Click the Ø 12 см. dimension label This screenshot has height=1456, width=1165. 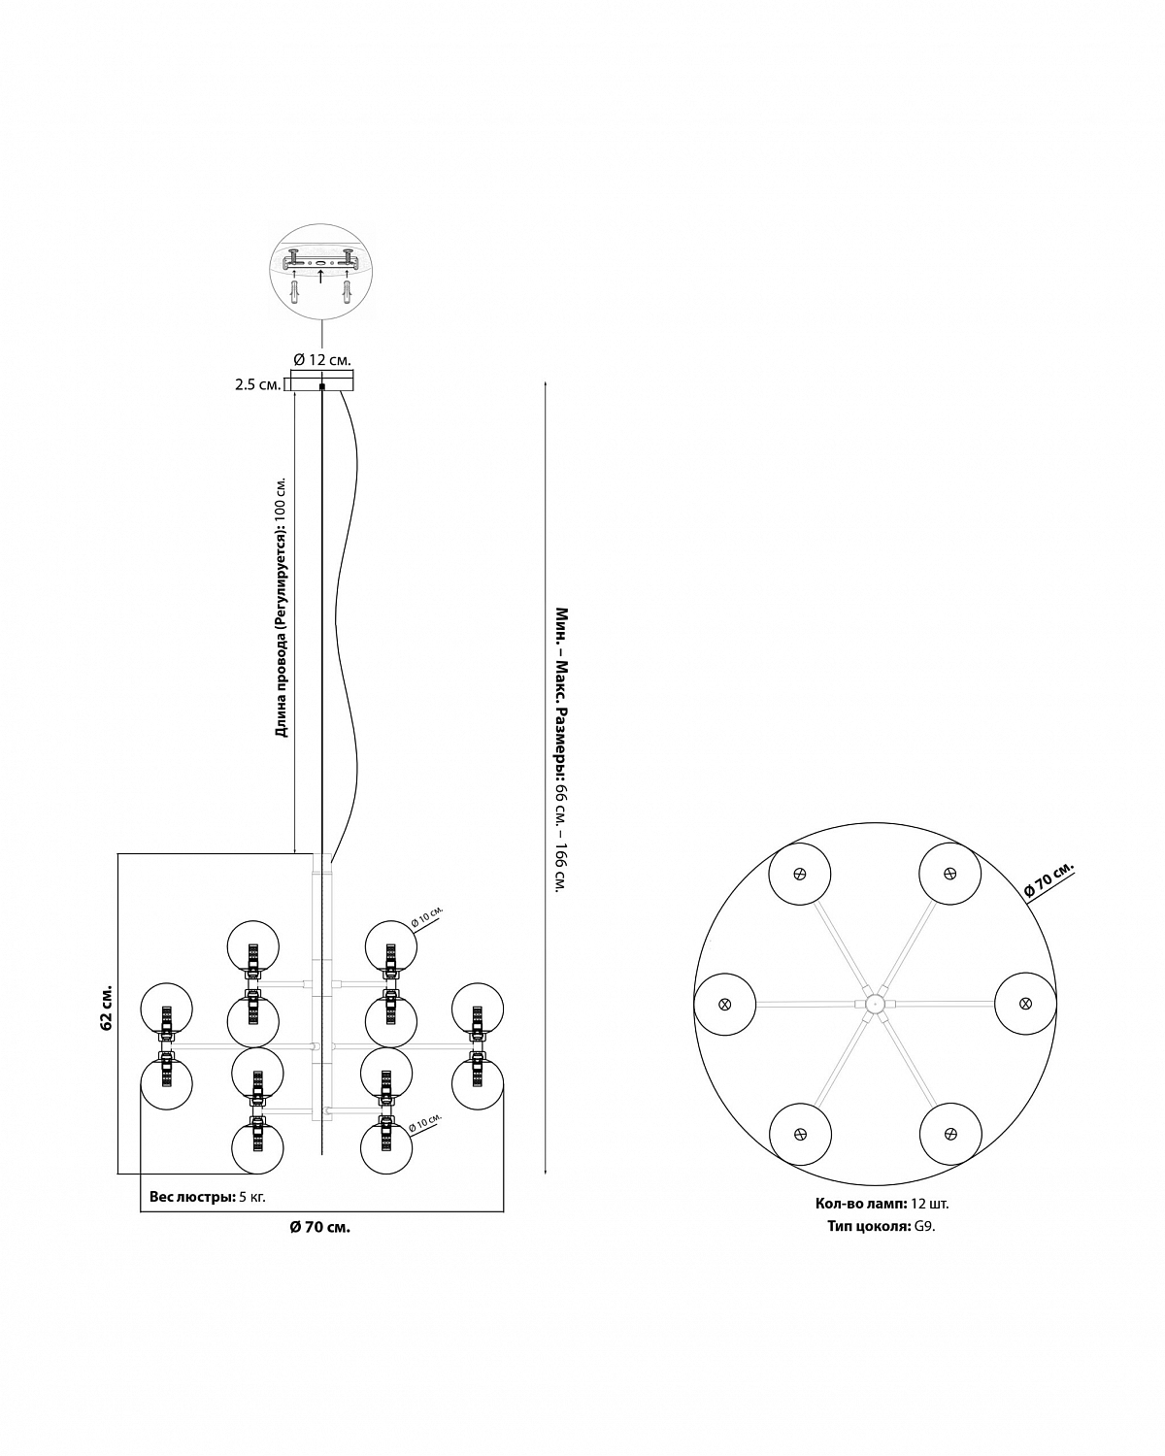click(321, 360)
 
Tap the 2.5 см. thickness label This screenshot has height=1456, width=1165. click(258, 385)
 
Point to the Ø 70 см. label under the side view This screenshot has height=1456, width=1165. click(320, 1227)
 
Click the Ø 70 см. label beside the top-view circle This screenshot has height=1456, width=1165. click(1049, 880)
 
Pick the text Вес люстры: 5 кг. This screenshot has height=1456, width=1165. click(208, 1197)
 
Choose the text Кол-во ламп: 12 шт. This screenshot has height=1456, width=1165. click(882, 1204)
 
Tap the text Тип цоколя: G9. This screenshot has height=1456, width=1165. click(882, 1226)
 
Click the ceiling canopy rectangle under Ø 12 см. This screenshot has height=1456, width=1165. click(322, 381)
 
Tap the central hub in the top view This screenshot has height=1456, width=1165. click(875, 1004)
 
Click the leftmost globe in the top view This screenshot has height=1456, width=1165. click(725, 1004)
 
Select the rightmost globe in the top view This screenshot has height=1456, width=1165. click(1025, 1004)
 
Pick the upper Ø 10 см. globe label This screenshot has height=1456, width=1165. click(427, 916)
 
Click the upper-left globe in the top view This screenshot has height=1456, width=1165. click(799, 874)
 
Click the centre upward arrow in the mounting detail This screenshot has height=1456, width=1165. click(320, 276)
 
